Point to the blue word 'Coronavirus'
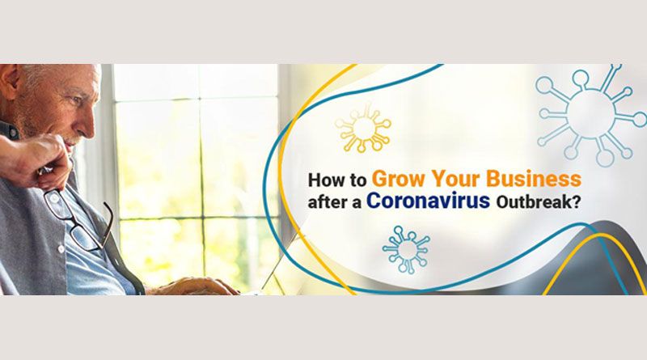point(429,201)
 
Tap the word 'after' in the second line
point(326,202)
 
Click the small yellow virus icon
point(362,129)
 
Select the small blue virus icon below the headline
point(406,249)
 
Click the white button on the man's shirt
point(61,249)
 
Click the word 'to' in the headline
point(357,181)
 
